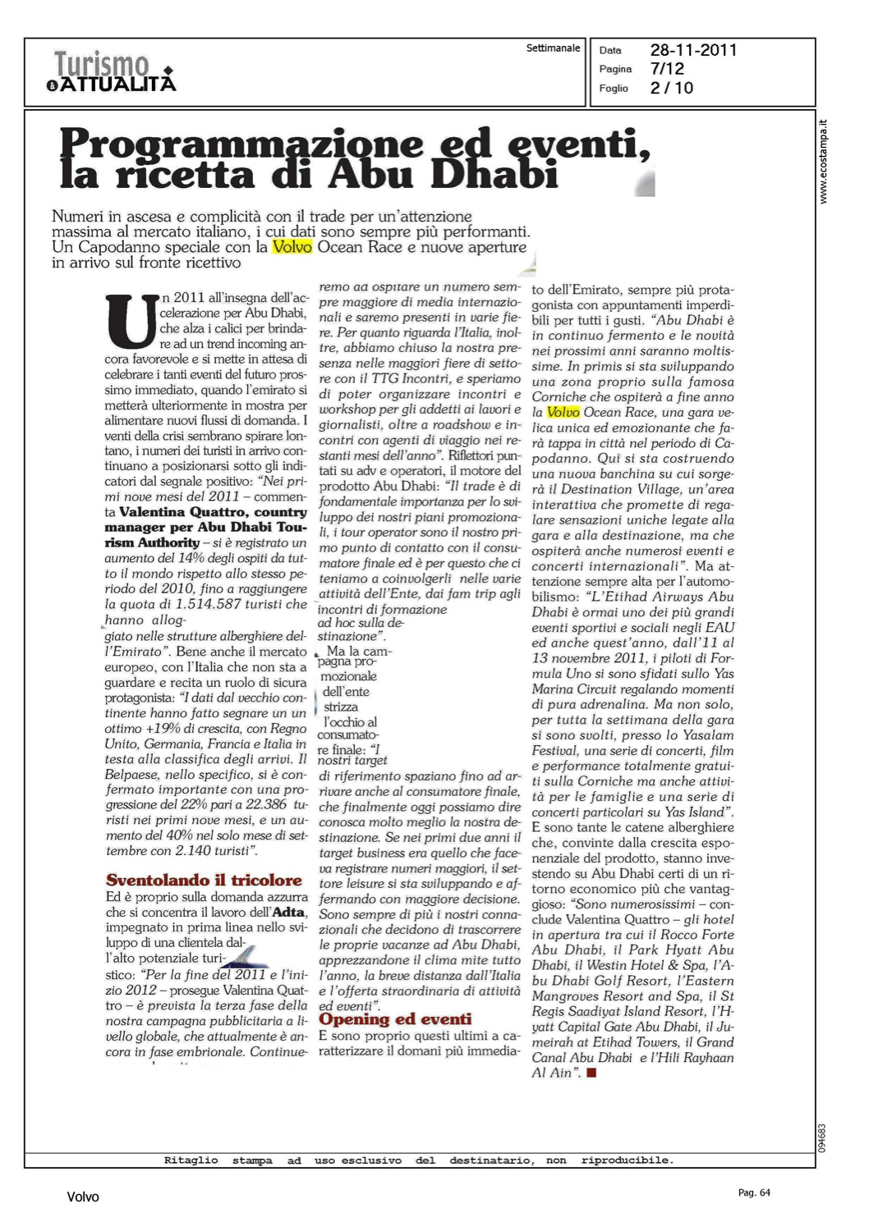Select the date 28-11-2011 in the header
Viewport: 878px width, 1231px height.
(693, 50)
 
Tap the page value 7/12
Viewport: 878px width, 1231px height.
(667, 69)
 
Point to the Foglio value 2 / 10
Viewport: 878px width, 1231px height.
(671, 88)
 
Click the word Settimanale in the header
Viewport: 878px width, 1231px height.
(553, 48)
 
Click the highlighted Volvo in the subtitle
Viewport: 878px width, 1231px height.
(292, 247)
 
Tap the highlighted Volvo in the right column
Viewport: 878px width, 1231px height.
(563, 412)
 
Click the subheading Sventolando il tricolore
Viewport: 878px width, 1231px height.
(204, 881)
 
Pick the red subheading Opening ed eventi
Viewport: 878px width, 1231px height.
(395, 1019)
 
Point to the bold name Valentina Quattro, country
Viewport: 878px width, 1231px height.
(213, 512)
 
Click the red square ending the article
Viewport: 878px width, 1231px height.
(591, 1073)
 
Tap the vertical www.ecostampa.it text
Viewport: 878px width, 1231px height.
(823, 162)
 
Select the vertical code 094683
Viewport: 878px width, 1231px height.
(822, 1137)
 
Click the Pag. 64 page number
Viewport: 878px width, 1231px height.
(754, 1192)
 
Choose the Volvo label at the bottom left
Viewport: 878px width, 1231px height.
(82, 1197)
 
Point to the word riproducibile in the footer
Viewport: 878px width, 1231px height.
(627, 1160)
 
